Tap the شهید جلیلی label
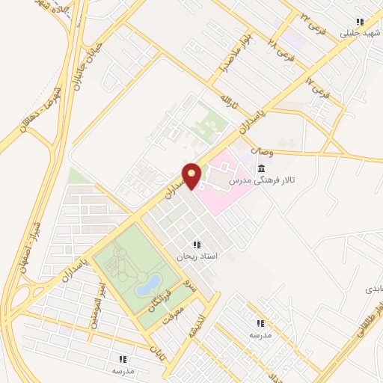[356, 33]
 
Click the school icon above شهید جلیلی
[359, 22]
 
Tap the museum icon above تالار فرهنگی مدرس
[260, 168]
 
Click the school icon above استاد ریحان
[196, 245]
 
